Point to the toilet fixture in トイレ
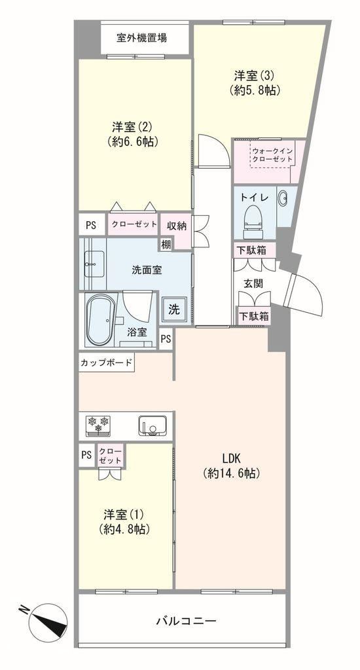point(252,221)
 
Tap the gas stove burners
point(98,426)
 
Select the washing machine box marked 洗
point(174,309)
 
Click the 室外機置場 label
point(141,38)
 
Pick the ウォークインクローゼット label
point(272,154)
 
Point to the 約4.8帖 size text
point(124,530)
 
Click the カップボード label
point(107,364)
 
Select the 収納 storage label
point(177,226)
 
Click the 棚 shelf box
point(166,245)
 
